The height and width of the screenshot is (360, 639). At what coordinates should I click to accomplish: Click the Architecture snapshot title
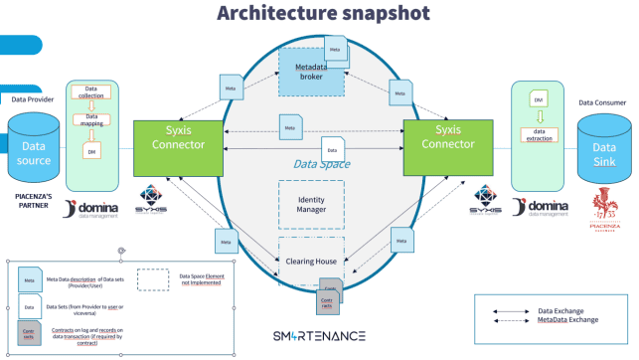coord(319,14)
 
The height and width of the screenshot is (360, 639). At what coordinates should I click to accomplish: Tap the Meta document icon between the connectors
coord(291,126)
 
